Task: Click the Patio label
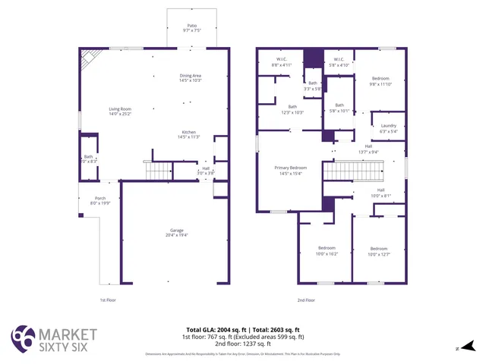click(x=190, y=27)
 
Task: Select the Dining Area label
click(x=190, y=76)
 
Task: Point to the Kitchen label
click(x=188, y=132)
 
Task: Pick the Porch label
click(x=99, y=199)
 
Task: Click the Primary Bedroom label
click(x=292, y=168)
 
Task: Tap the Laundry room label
click(x=388, y=126)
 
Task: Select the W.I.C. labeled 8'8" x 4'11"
click(x=281, y=60)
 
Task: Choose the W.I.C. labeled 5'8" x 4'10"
click(x=339, y=60)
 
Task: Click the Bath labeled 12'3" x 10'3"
click(x=292, y=107)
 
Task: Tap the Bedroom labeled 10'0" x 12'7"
click(x=378, y=249)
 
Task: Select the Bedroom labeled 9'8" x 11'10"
click(x=380, y=79)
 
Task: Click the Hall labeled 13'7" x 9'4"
click(x=368, y=146)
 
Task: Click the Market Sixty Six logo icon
click(x=22, y=338)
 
